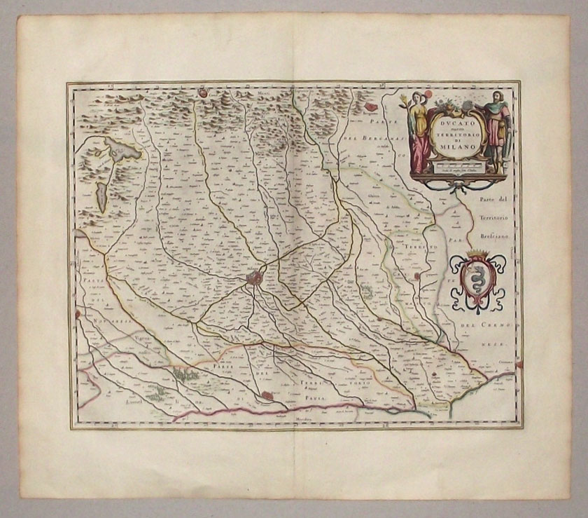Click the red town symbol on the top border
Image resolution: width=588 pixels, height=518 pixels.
pyautogui.click(x=202, y=91)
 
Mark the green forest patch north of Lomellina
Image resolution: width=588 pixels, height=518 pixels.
pyautogui.click(x=186, y=376)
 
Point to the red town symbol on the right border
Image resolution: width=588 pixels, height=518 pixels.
pyautogui.click(x=519, y=363)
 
